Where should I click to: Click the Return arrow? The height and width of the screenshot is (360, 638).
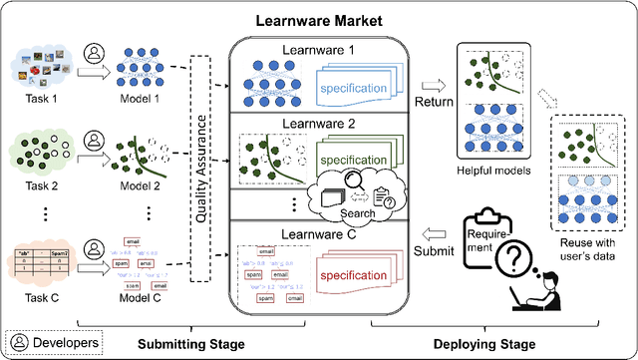point(431,88)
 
